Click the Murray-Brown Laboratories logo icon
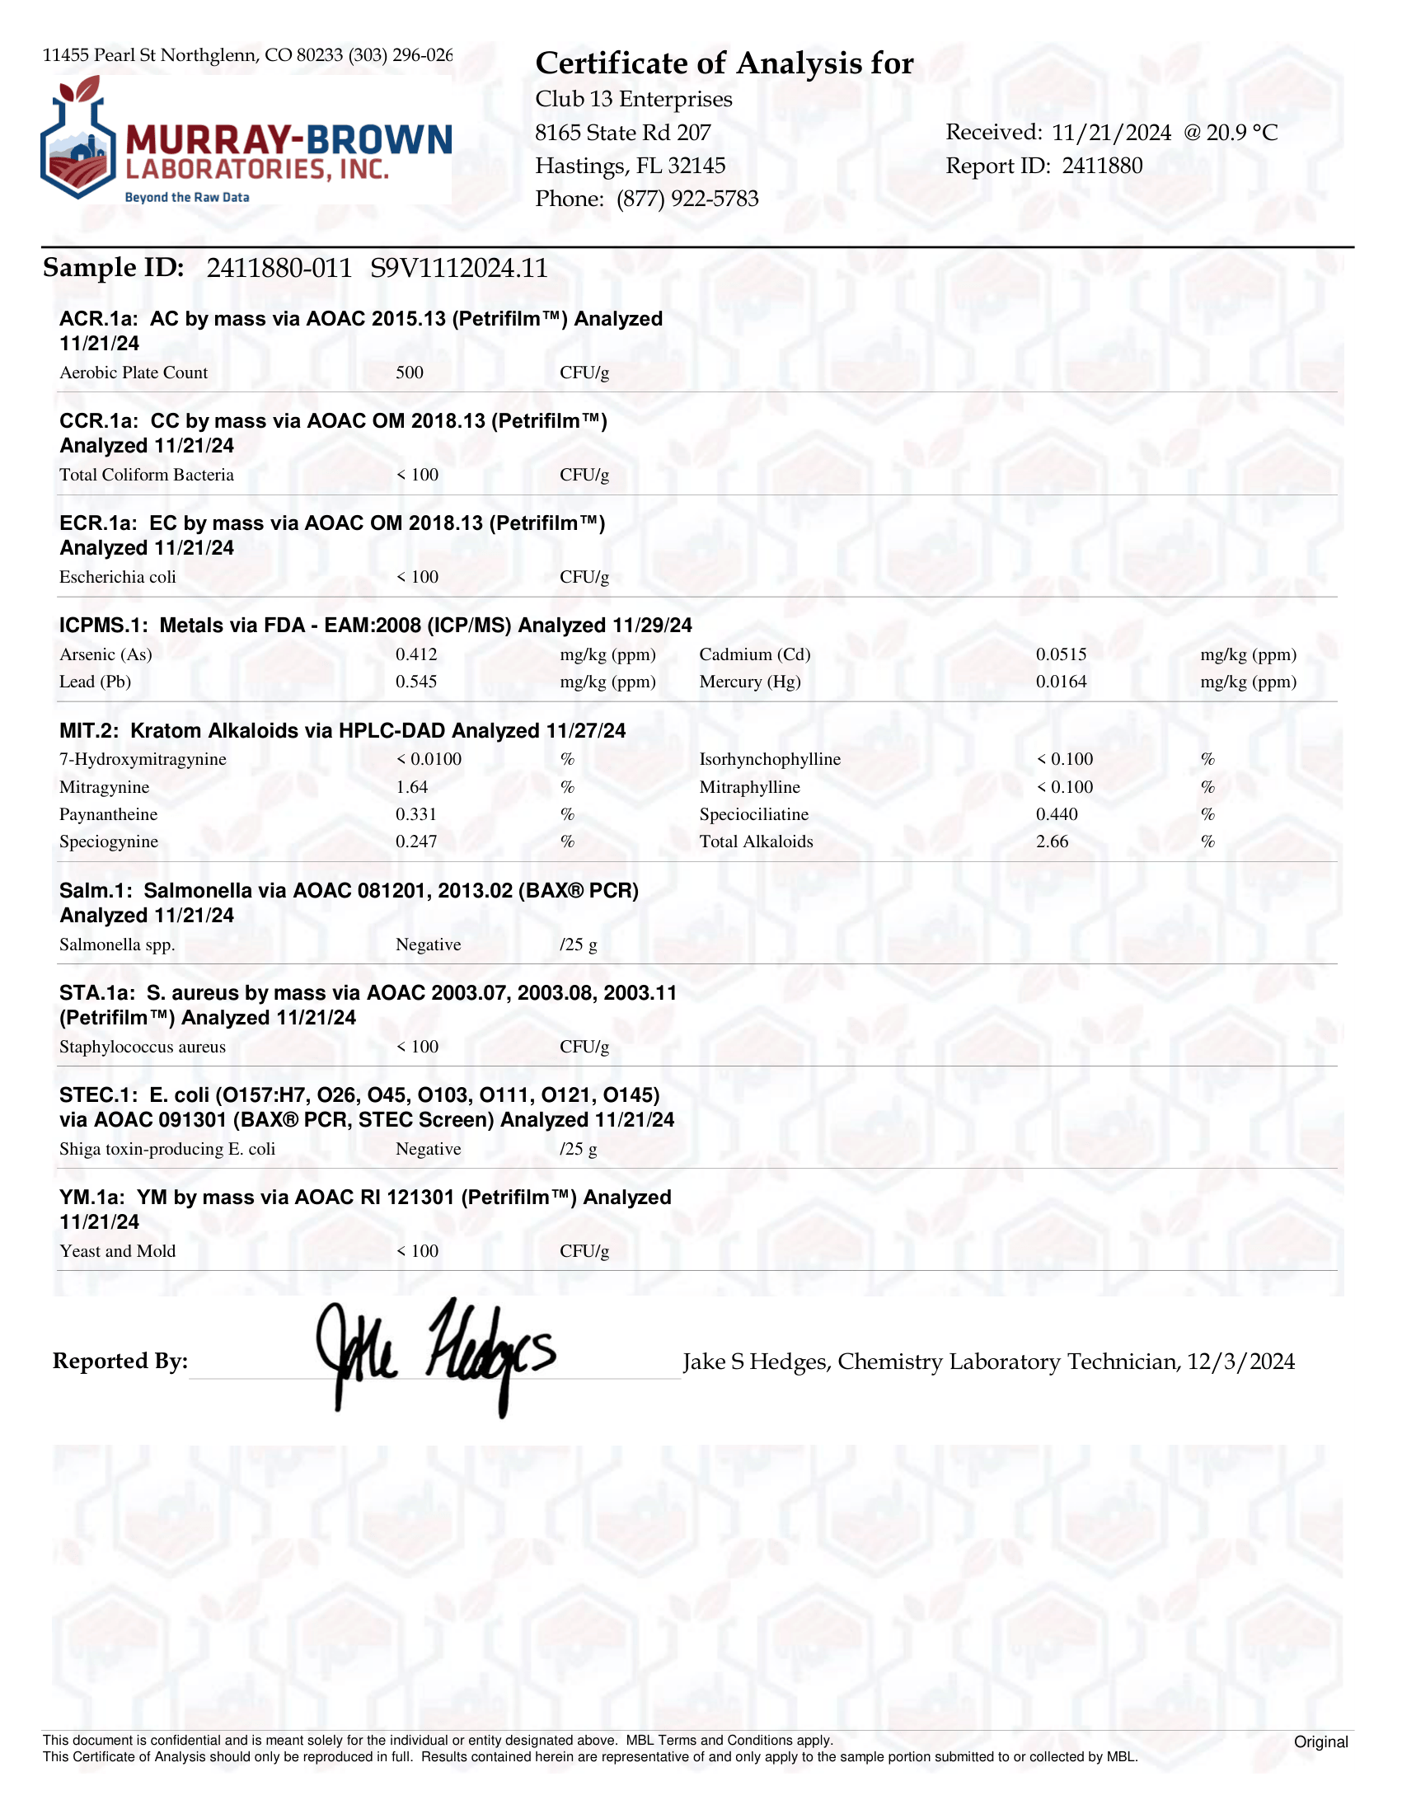78,139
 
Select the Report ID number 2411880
1102,166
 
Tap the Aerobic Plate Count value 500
410,373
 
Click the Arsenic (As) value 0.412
416,654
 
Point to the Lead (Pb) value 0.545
416,682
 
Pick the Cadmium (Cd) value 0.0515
1061,654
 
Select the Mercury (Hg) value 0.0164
1061,682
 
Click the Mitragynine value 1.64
412,787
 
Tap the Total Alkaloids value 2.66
1053,841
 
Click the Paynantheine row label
108,815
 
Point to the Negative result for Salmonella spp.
428,944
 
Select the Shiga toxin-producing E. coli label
167,1149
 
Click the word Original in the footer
1320,1741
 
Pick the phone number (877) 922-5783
687,199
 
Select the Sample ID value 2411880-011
279,269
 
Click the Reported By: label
120,1362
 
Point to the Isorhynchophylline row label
770,759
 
